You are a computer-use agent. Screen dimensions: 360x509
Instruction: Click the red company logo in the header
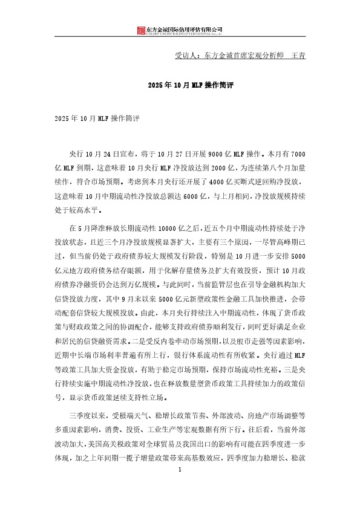pyautogui.click(x=141, y=30)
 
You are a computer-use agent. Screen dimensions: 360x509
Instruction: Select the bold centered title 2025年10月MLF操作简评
pyautogui.click(x=180, y=86)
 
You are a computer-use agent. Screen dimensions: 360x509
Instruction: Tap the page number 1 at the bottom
pyautogui.click(x=180, y=470)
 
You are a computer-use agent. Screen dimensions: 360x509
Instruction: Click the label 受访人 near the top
pyautogui.click(x=185, y=56)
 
